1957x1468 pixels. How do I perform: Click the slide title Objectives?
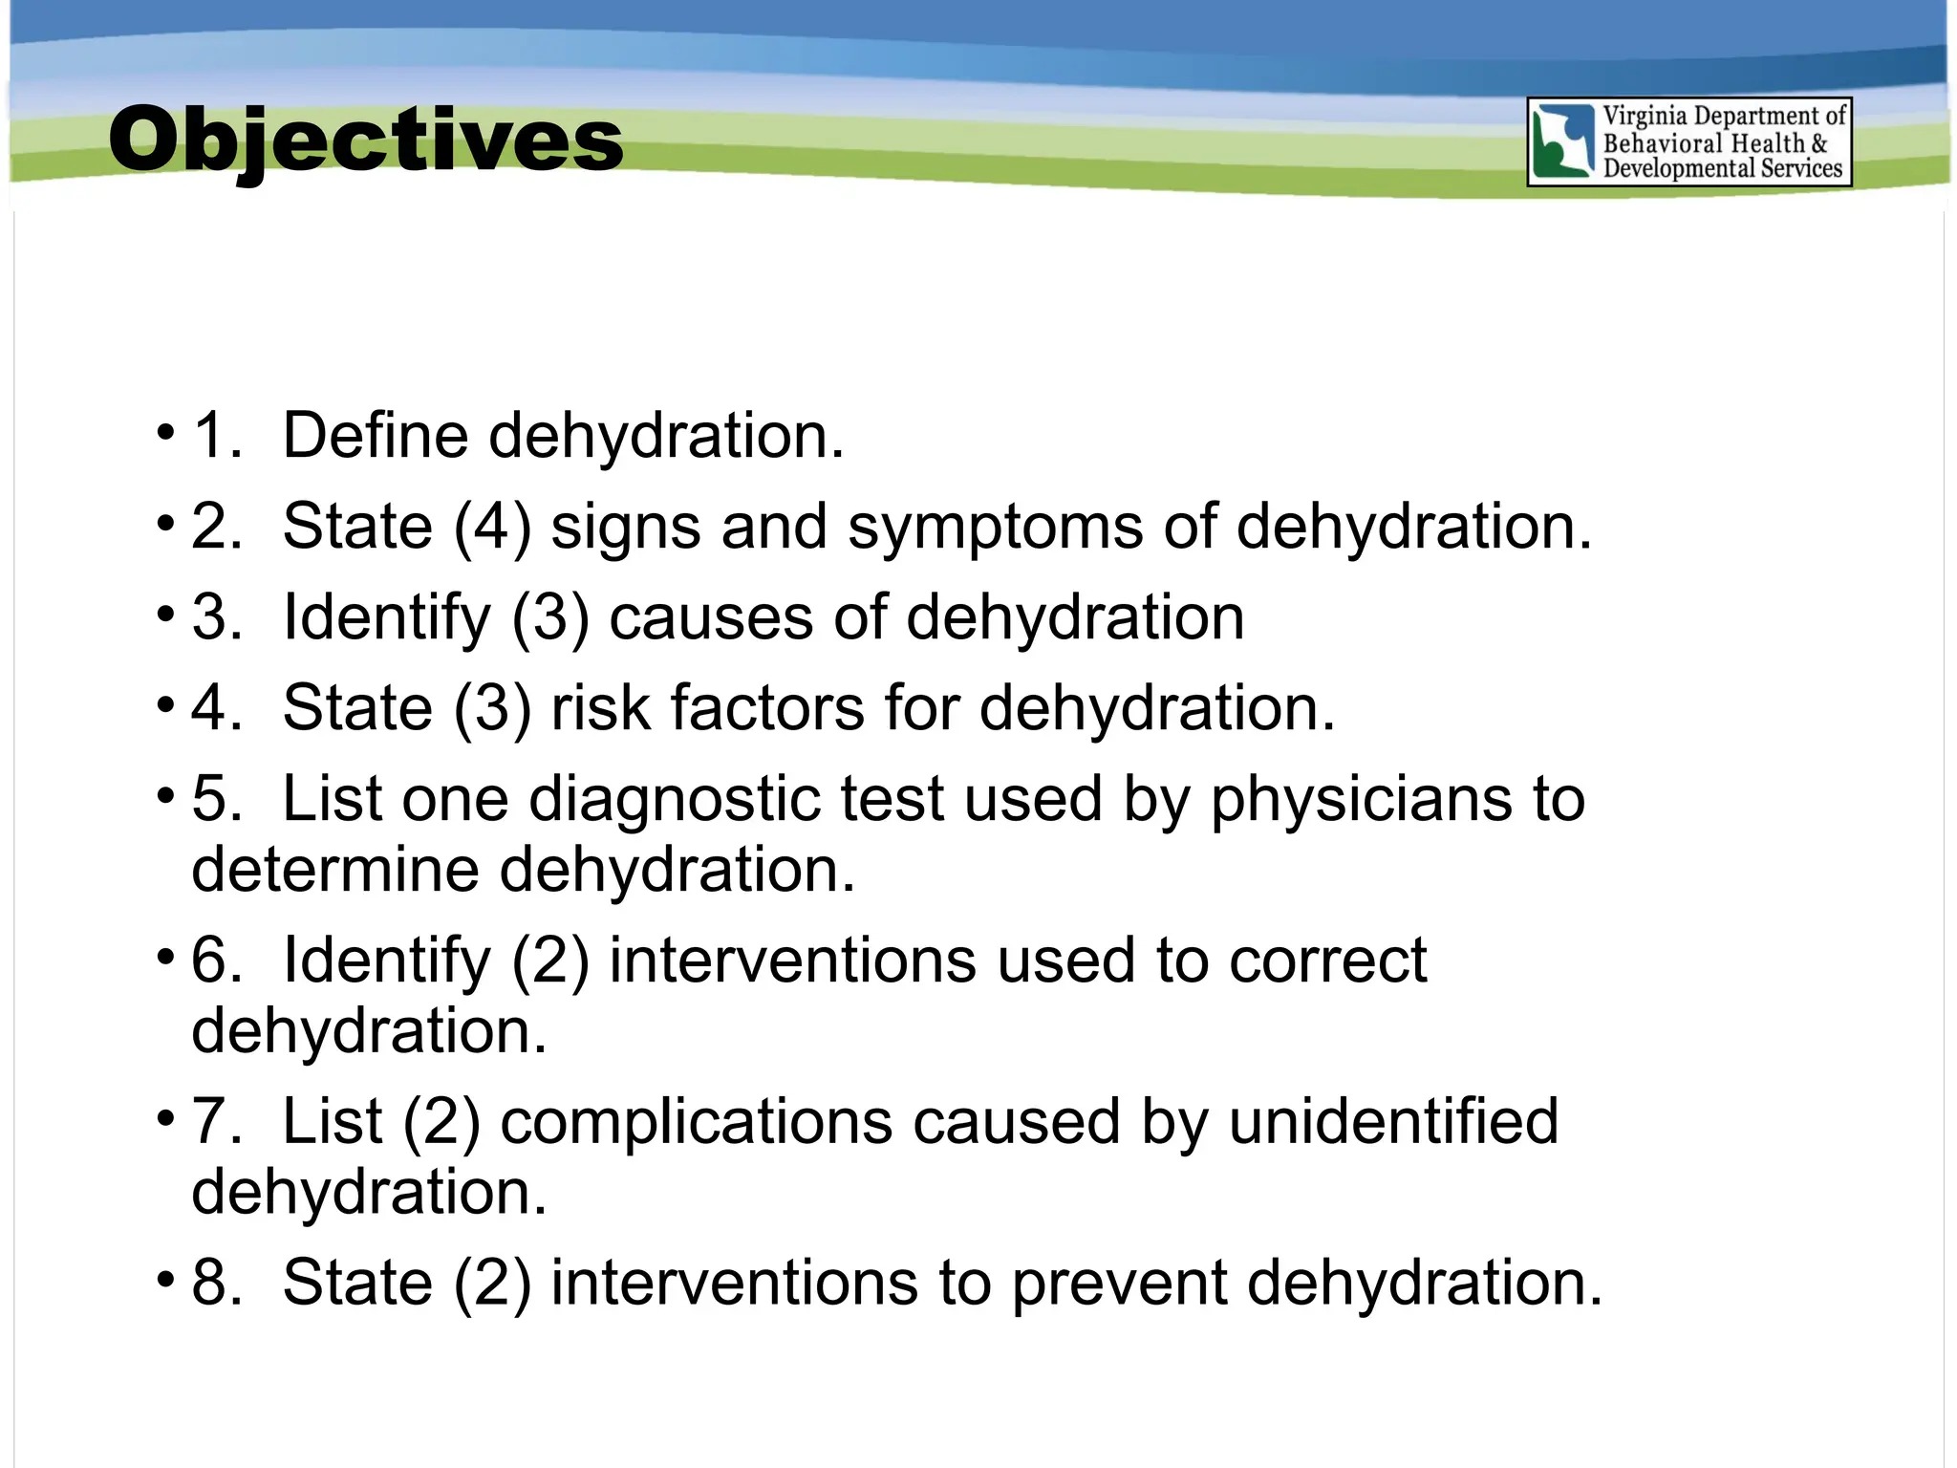pyautogui.click(x=365, y=140)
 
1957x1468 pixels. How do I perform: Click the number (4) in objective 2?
pyautogui.click(x=492, y=527)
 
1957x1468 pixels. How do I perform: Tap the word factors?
pyautogui.click(x=767, y=708)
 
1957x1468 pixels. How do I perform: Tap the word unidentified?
pyautogui.click(x=1393, y=1121)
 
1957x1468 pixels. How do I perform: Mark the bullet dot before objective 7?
pyautogui.click(x=166, y=1117)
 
